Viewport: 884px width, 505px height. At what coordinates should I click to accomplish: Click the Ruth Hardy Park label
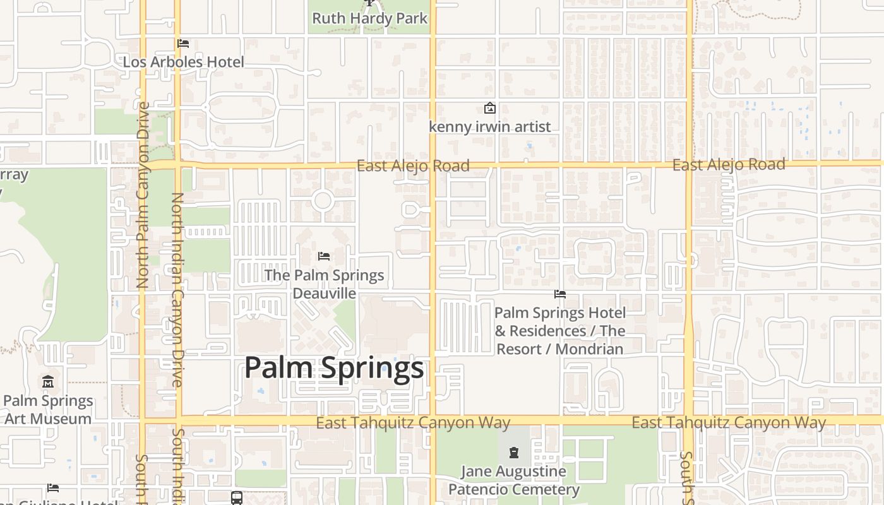[x=370, y=18]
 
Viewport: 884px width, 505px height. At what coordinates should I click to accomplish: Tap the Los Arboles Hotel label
[x=183, y=62]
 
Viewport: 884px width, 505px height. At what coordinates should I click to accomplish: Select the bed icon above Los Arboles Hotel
[x=183, y=44]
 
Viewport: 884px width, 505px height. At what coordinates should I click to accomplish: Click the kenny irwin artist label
[x=490, y=127]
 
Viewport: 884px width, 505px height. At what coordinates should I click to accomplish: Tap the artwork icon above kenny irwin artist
[x=489, y=109]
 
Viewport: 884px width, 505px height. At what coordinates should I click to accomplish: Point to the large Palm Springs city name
[x=333, y=367]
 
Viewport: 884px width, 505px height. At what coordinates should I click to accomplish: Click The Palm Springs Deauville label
[x=324, y=284]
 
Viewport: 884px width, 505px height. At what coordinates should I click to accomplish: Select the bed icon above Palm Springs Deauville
[x=324, y=256]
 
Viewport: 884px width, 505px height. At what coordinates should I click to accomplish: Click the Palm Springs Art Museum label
[x=48, y=410]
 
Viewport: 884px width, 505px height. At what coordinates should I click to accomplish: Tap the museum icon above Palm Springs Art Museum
[x=48, y=382]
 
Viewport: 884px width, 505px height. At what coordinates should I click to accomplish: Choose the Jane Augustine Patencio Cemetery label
[x=513, y=480]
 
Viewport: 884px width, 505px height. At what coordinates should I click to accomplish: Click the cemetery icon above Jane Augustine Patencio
[x=514, y=452]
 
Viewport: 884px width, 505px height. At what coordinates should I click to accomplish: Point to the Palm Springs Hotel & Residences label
[x=559, y=331]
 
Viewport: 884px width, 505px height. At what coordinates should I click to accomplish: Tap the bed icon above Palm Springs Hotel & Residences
[x=559, y=294]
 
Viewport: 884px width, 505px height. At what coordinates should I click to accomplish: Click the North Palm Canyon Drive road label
[x=143, y=196]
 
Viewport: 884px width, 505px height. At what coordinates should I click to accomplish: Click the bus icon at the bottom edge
[x=237, y=498]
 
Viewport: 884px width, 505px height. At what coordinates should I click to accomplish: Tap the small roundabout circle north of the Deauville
[x=323, y=201]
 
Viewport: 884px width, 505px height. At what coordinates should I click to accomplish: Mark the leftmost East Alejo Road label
[x=413, y=166]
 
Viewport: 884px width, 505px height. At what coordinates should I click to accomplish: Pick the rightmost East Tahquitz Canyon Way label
[x=729, y=422]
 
